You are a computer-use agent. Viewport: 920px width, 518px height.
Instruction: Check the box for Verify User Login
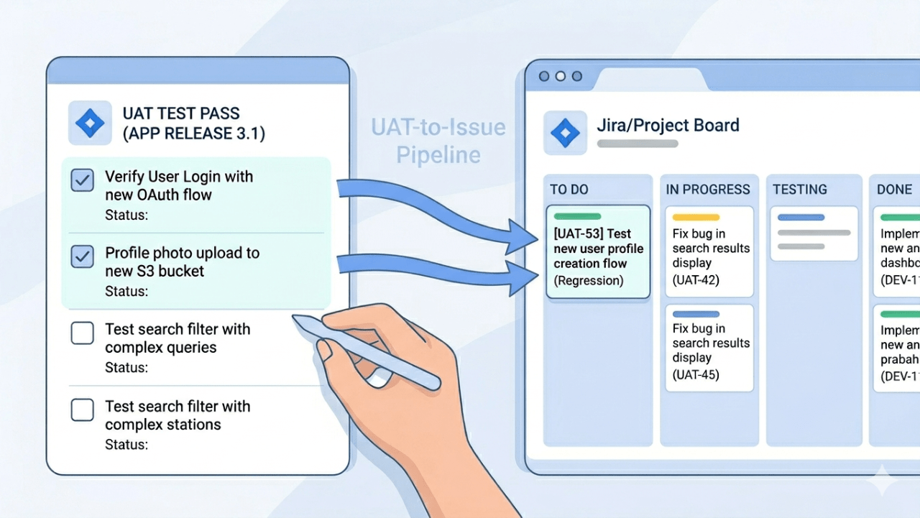[x=83, y=180]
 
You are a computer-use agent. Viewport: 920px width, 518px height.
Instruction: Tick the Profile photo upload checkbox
[x=83, y=256]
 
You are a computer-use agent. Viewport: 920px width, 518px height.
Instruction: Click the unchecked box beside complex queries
[x=83, y=333]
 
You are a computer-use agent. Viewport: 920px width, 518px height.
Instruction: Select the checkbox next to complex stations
[x=83, y=410]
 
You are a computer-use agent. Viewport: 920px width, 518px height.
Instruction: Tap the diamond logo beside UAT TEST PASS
[x=90, y=123]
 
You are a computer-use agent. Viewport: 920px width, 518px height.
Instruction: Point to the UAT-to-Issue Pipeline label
[x=438, y=141]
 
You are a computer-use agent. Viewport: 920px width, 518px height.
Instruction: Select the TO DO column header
[x=569, y=190]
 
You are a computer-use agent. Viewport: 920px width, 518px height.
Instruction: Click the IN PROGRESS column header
[x=708, y=190]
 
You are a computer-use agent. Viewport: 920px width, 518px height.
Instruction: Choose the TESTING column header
[x=800, y=190]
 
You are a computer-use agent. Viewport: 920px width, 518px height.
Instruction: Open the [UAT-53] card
[x=598, y=251]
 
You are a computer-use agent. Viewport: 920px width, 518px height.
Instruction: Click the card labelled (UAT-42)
[x=709, y=251]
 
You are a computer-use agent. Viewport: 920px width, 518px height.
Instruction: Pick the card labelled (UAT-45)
[x=709, y=348]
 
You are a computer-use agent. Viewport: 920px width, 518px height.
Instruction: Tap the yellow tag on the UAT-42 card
[x=696, y=217]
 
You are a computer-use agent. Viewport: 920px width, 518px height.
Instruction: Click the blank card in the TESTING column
[x=814, y=233]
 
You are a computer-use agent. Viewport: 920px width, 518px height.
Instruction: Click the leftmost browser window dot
[x=544, y=75]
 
